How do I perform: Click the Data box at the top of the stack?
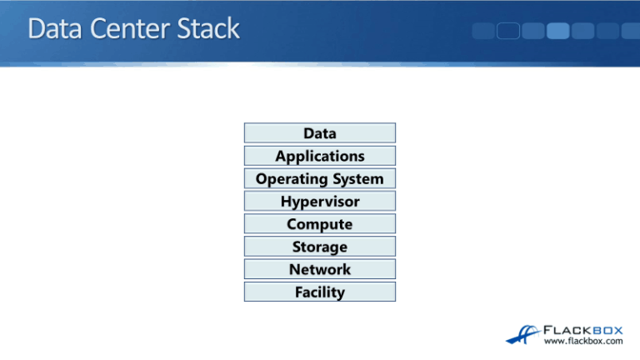(x=320, y=133)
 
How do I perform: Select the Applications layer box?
(x=320, y=156)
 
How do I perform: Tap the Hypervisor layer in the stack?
(x=320, y=202)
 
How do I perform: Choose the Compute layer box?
(x=320, y=224)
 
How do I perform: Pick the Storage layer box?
(x=320, y=247)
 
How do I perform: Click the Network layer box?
(x=320, y=269)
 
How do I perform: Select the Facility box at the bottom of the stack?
(x=320, y=292)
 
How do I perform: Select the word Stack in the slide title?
(x=207, y=30)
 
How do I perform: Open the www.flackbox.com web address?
(x=583, y=341)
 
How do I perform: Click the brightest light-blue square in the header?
(x=558, y=31)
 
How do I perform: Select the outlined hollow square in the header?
(x=509, y=31)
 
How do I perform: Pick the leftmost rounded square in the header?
(x=484, y=31)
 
